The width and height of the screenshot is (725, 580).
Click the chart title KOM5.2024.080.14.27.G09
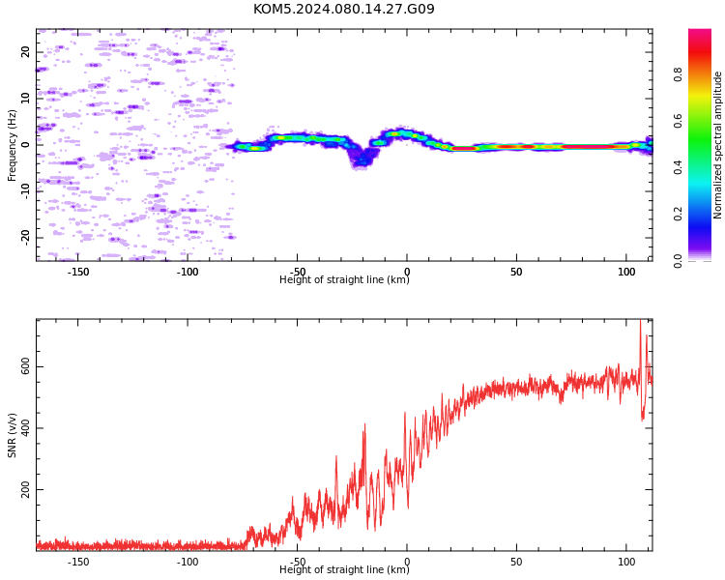click(x=344, y=9)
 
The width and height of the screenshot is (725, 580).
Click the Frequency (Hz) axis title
click(x=12, y=145)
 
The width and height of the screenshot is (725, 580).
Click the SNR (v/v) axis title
click(x=12, y=435)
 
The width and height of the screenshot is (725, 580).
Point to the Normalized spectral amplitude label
click(x=717, y=145)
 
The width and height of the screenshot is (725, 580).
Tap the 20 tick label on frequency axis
click(x=25, y=52)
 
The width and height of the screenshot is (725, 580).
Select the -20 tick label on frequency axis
click(x=25, y=237)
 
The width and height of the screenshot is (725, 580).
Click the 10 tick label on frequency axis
click(x=25, y=98)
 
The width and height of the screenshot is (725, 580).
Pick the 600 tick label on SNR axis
click(x=25, y=366)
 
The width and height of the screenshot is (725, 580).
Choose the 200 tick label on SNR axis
click(x=25, y=489)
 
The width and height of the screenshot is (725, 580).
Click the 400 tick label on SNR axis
click(x=25, y=428)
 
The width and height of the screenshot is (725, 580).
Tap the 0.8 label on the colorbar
click(x=678, y=74)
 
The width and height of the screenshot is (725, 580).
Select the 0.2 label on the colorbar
click(x=678, y=214)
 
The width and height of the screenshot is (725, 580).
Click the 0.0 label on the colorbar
click(x=678, y=261)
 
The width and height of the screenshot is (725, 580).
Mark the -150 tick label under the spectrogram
click(x=77, y=272)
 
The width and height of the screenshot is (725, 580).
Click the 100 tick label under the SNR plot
click(x=626, y=562)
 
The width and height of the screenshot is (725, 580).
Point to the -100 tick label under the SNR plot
click(x=188, y=562)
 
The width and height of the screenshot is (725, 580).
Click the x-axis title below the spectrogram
click(x=344, y=279)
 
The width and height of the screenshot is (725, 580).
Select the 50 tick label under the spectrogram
click(x=516, y=272)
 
